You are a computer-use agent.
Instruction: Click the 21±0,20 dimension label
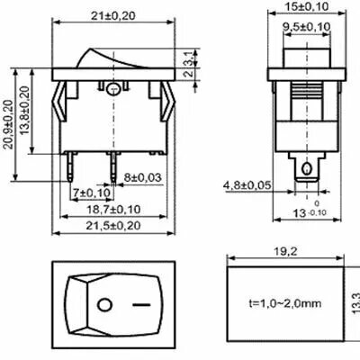click(113, 16)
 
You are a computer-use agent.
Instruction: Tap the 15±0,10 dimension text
click(307, 6)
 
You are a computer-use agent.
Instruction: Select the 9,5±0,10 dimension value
click(306, 27)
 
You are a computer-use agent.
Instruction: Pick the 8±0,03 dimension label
click(143, 177)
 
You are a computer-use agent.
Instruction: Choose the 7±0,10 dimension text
click(92, 193)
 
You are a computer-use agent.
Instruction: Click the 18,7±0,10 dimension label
click(113, 210)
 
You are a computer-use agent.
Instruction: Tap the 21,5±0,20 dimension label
click(113, 226)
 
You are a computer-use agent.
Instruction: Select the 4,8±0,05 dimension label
click(247, 185)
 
